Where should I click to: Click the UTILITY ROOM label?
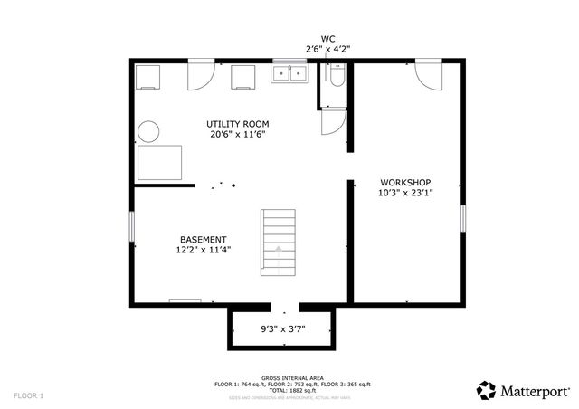point(237,124)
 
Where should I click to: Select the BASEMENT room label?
point(203,239)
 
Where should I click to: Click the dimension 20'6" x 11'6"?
point(237,135)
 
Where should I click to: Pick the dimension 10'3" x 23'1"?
point(404,193)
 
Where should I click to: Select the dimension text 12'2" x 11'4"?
point(203,250)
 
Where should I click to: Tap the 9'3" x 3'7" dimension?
point(282,328)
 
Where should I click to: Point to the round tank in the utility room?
point(147,131)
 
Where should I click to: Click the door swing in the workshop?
point(428,76)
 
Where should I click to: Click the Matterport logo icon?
point(487,390)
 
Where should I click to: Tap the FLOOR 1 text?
point(28,395)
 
